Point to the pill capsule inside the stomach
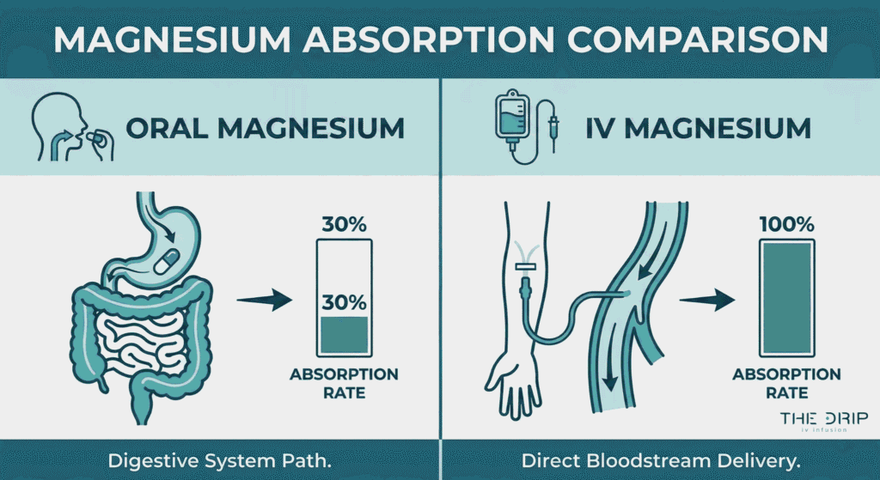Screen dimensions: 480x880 [169, 258]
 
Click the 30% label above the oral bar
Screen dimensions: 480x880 [344, 225]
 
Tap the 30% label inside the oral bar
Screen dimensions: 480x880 [344, 301]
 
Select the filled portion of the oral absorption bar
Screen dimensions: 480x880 [344, 335]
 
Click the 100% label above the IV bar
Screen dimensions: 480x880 [785, 225]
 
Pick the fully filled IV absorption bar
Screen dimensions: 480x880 [785, 297]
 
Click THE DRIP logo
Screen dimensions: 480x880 [822, 419]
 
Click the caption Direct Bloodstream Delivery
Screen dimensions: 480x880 [661, 460]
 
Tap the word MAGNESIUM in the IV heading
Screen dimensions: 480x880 [724, 130]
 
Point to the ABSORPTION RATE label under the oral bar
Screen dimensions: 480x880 [344, 384]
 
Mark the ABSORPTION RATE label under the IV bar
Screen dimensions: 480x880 [785, 384]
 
